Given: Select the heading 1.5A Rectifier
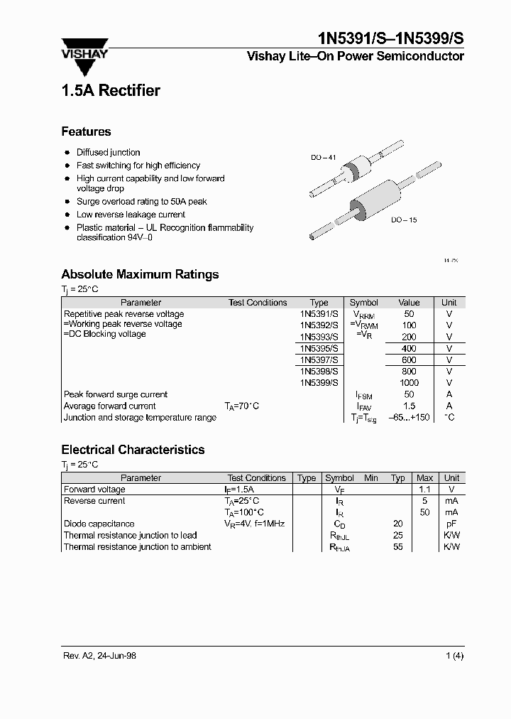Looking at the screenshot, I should click(x=110, y=90).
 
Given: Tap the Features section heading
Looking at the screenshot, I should click(x=86, y=131).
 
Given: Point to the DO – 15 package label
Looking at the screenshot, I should click(x=403, y=220).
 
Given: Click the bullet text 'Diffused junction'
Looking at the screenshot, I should click(x=108, y=152).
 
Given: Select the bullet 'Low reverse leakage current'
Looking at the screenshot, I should click(x=131, y=214).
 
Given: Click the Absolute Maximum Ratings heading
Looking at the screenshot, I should click(x=140, y=274).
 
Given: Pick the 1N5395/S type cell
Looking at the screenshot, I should click(x=319, y=349).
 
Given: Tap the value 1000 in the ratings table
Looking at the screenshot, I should click(x=409, y=383).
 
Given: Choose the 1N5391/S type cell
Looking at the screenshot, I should click(x=319, y=314).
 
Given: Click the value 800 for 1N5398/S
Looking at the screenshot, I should click(x=409, y=372).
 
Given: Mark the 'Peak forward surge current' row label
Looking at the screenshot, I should click(x=116, y=394).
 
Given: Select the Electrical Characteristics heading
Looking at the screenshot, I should click(x=133, y=450).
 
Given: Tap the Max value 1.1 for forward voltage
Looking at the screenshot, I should click(x=424, y=490).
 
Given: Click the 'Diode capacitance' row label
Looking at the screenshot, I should click(x=99, y=524).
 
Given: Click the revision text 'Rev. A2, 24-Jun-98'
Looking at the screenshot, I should click(x=99, y=656).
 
